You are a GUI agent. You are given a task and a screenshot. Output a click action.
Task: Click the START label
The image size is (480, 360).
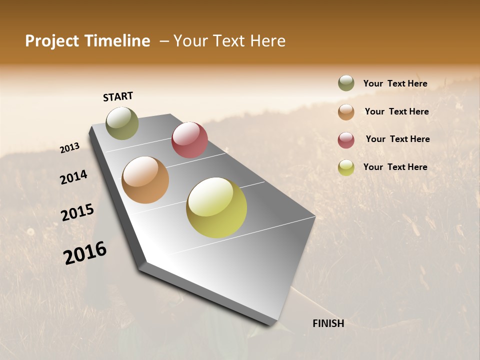(x=118, y=96)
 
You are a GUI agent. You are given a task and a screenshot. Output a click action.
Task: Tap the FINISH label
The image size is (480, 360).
(x=328, y=323)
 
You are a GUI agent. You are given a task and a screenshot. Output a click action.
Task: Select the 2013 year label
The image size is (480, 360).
(x=70, y=148)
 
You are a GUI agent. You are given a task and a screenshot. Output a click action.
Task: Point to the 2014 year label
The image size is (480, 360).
(x=74, y=177)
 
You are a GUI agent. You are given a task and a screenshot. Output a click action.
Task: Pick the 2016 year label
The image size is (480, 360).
(x=85, y=252)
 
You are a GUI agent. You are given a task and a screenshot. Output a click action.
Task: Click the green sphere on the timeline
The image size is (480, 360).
(x=122, y=123)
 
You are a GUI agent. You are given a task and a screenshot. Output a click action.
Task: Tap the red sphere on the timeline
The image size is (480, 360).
(x=189, y=139)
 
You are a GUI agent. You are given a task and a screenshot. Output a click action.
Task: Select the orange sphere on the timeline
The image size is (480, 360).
(x=145, y=180)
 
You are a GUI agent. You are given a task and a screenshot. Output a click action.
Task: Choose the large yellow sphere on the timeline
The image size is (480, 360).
(x=216, y=207)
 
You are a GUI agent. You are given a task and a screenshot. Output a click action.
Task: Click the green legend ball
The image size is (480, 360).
(x=346, y=83)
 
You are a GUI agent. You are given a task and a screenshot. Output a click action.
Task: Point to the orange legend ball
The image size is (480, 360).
(x=346, y=112)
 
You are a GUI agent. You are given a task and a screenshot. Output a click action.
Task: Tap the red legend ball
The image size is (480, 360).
(x=346, y=140)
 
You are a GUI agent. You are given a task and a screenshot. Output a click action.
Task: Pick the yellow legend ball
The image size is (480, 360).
(x=346, y=168)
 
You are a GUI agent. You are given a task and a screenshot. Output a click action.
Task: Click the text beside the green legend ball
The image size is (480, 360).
(x=395, y=83)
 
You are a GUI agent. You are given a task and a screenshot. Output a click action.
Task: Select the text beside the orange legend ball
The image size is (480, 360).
(x=396, y=111)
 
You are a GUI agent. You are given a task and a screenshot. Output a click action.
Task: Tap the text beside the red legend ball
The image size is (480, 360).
(x=397, y=139)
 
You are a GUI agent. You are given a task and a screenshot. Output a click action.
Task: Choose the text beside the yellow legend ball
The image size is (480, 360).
(x=395, y=167)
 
